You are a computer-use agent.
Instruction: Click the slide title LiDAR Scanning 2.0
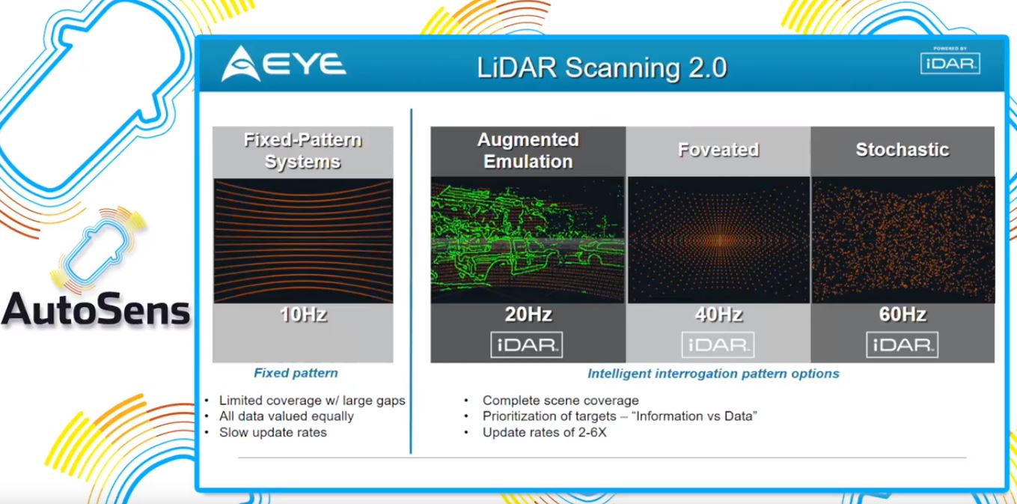point(602,67)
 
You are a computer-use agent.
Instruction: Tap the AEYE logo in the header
point(284,64)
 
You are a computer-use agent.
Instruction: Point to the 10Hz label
point(302,315)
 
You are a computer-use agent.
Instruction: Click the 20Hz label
point(528,315)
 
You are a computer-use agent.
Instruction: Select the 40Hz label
point(718,315)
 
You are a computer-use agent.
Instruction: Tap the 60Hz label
point(903,315)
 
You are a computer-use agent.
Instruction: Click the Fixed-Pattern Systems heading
point(302,151)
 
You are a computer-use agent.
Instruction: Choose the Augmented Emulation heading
point(528,151)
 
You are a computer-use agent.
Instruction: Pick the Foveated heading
point(718,150)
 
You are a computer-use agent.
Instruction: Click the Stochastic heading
point(903,150)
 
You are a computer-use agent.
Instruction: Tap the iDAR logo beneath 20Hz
point(527,344)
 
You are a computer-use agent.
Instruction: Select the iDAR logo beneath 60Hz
point(903,344)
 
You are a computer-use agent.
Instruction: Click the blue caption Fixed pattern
point(296,373)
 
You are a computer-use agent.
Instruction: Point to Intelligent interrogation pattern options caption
point(712,373)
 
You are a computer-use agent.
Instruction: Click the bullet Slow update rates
point(272,432)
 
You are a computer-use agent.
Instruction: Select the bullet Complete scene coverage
point(561,400)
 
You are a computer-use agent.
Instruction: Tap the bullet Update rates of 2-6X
point(544,432)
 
